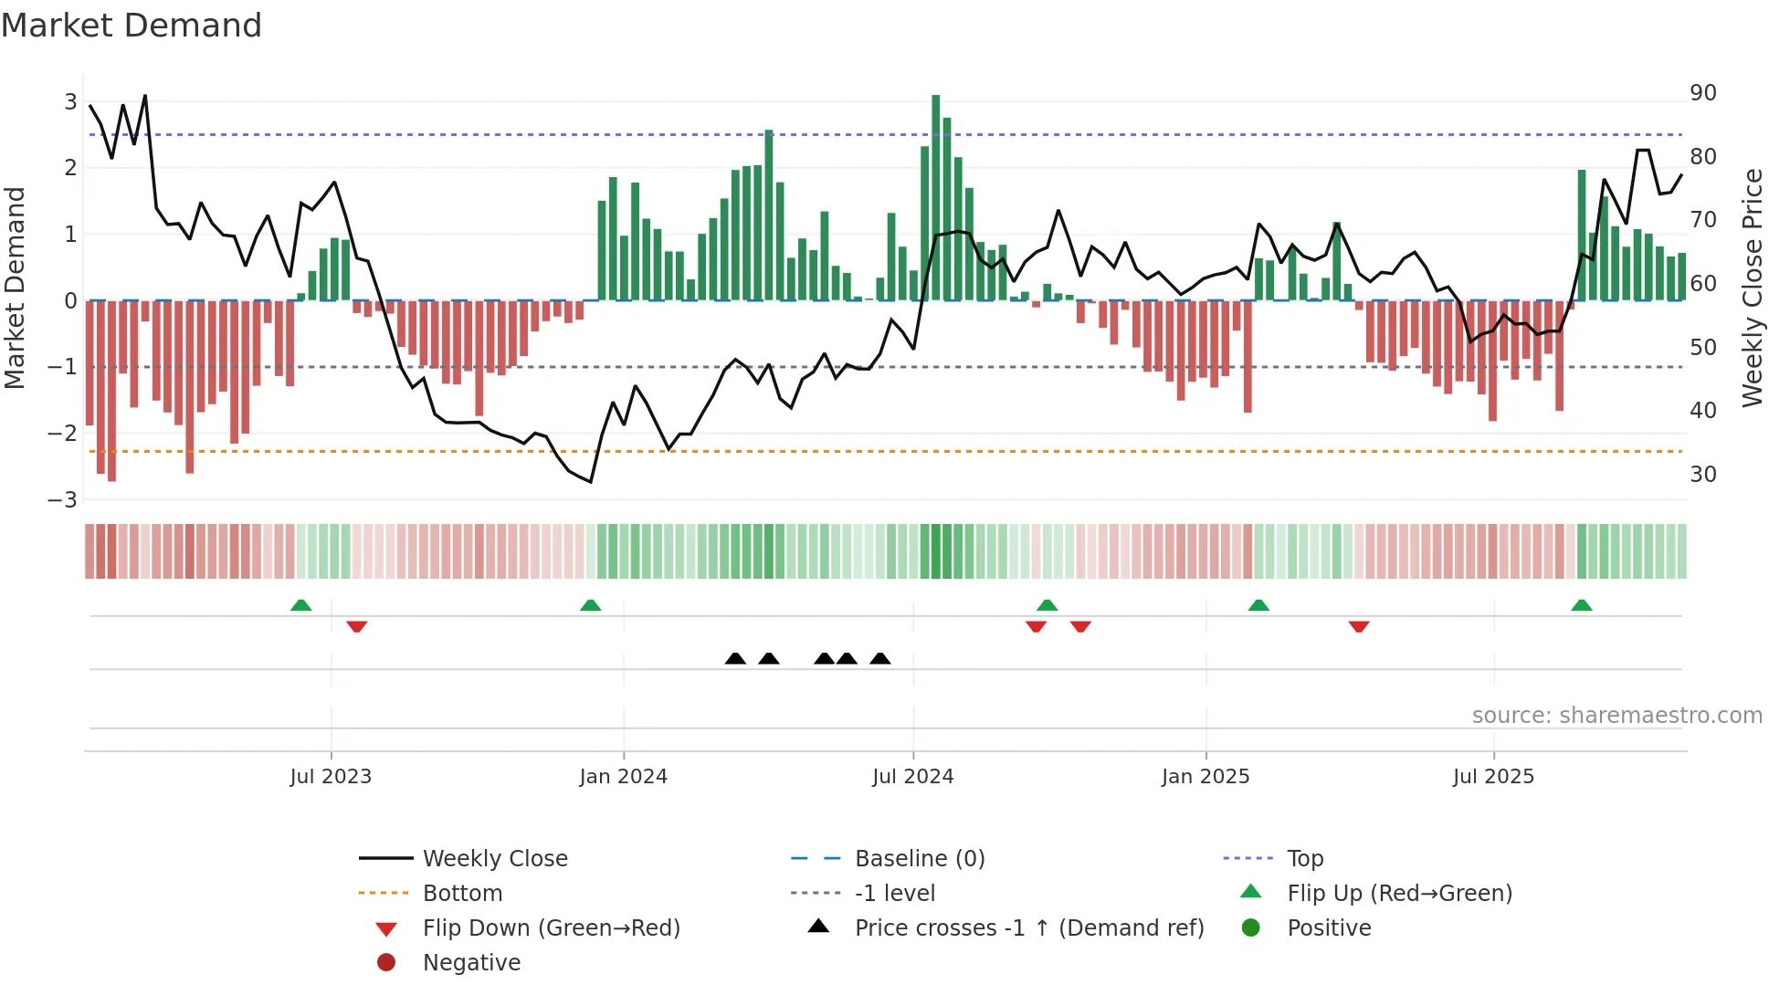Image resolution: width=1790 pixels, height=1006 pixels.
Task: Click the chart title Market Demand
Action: (132, 26)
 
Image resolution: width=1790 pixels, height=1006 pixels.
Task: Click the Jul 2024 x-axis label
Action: (912, 777)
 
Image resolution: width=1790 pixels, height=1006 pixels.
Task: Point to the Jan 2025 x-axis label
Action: (1205, 777)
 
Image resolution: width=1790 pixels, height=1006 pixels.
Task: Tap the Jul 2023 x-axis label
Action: (331, 777)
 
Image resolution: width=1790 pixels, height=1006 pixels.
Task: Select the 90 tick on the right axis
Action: (1702, 93)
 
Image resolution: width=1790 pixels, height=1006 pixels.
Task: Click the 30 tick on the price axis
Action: (1702, 475)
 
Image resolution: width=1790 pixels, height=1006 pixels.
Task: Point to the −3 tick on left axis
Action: (62, 500)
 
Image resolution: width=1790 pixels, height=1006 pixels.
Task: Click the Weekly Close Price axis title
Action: (1752, 288)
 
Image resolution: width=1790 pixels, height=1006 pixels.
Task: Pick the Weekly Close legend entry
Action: (494, 859)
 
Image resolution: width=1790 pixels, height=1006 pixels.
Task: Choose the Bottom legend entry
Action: (462, 894)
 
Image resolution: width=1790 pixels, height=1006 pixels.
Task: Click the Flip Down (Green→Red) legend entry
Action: (551, 928)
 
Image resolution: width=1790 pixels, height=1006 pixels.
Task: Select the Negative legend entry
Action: (471, 963)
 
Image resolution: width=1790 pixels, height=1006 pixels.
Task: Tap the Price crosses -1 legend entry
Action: (1028, 928)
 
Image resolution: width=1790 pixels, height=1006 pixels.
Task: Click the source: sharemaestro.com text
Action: (1616, 716)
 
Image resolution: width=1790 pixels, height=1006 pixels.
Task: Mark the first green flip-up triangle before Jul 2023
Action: (300, 605)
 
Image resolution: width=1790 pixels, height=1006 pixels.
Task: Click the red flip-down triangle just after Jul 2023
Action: (357, 626)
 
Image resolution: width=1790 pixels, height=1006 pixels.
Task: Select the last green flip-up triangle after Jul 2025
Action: (1582, 605)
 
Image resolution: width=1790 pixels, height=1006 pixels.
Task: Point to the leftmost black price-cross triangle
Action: (735, 658)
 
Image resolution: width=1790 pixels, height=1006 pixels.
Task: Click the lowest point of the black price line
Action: (591, 482)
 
